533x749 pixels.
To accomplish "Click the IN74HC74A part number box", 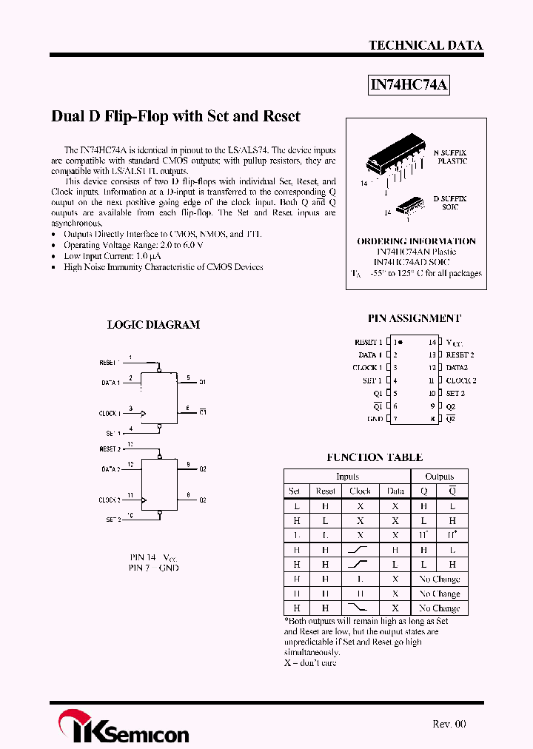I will (x=409, y=85).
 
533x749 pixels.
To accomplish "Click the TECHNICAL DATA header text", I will (x=426, y=45).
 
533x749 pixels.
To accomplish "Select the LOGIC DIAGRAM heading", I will (x=153, y=324).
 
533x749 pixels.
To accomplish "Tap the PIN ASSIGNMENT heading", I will (x=414, y=318).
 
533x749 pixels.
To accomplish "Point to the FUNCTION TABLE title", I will (x=375, y=457).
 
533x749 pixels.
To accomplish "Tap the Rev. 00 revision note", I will (x=449, y=724).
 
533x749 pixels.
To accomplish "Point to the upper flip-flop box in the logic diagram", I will (x=159, y=397).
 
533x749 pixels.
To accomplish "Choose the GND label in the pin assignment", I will (x=375, y=419).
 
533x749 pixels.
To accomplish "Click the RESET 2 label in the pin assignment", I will (x=460, y=355).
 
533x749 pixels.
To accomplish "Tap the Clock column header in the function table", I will (x=360, y=491).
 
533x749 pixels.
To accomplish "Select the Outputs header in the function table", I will (x=439, y=477).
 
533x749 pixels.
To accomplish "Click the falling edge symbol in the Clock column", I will (x=360, y=608).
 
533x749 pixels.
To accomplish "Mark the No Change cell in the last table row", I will (x=439, y=608).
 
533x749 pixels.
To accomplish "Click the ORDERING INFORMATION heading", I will (x=416, y=241).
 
